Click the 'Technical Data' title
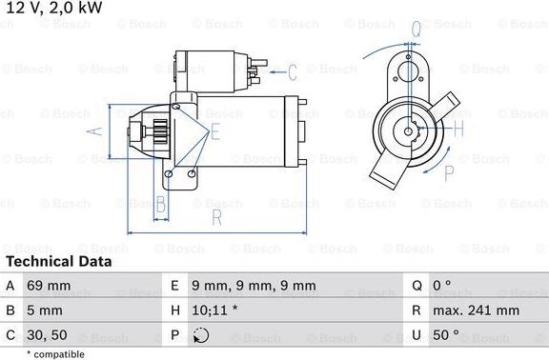58,261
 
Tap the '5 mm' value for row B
47,310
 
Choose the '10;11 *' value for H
215,310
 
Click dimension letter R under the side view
216,219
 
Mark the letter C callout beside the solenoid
293,70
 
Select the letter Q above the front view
417,30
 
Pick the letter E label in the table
174,285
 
